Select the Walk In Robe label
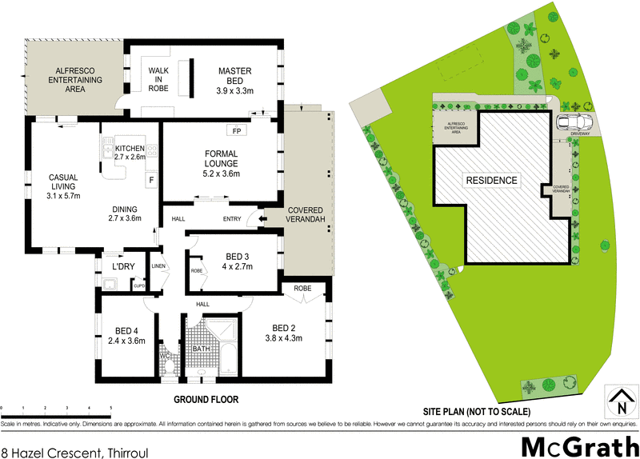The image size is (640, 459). tap(158, 78)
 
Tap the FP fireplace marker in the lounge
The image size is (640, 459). tap(237, 130)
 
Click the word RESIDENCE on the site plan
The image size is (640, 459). tap(492, 180)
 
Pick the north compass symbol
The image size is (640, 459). tap(618, 401)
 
